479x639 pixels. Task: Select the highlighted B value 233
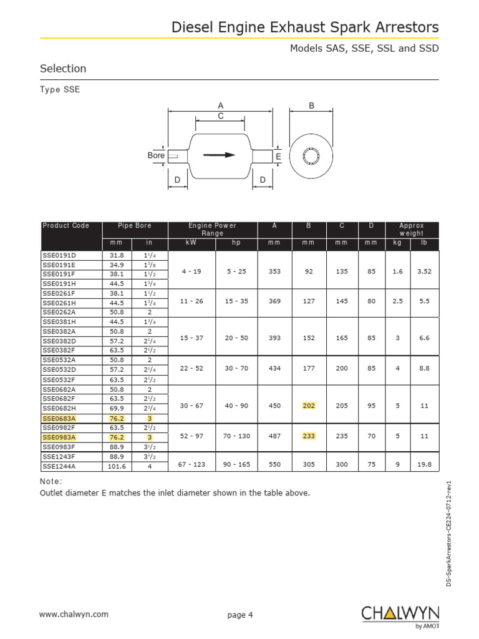(309, 437)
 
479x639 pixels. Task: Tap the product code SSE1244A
(58, 466)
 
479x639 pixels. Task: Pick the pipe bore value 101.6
(117, 466)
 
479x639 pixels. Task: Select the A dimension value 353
(274, 271)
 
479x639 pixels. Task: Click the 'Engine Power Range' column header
(212, 229)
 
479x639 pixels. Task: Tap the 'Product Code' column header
(65, 226)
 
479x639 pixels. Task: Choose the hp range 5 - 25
(236, 271)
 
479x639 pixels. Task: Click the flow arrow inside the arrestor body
(220, 155)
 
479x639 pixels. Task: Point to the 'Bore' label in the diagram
(156, 155)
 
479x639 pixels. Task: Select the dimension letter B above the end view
(311, 106)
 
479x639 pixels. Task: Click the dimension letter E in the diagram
(278, 156)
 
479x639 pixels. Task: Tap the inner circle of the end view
(311, 155)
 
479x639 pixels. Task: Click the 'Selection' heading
(63, 69)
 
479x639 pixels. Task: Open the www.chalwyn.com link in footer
(74, 614)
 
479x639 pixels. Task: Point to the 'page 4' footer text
(240, 615)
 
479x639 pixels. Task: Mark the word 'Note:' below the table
(51, 481)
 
